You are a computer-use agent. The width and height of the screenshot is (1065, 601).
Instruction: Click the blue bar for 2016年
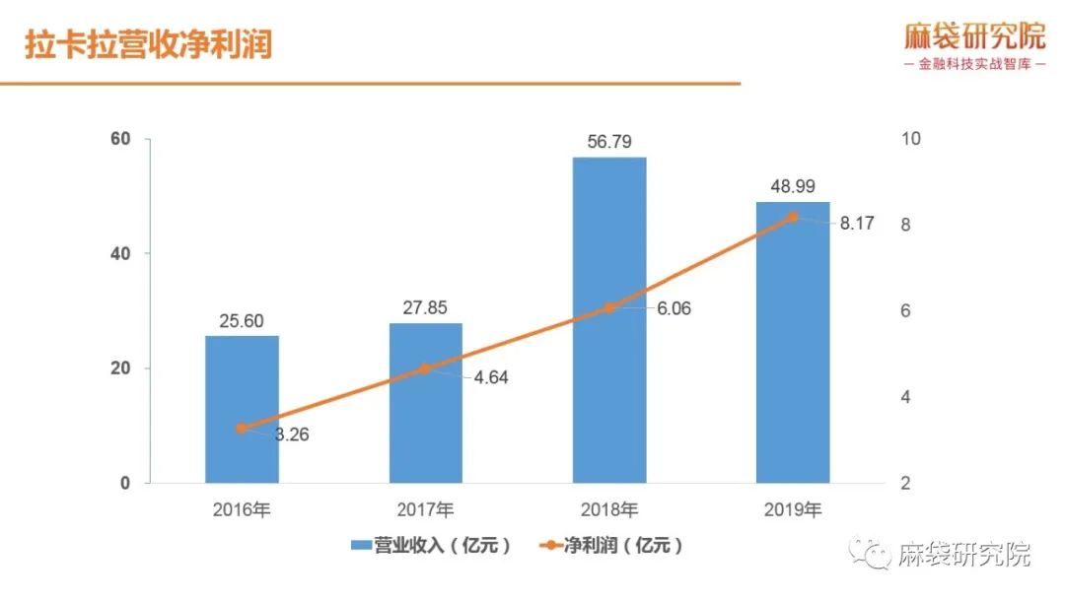[x=242, y=409]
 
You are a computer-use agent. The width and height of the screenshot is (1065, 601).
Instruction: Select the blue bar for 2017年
[x=425, y=403]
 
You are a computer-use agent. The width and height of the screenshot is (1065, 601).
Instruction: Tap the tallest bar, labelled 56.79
[x=609, y=320]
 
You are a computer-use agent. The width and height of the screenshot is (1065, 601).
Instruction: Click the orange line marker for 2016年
[x=242, y=429]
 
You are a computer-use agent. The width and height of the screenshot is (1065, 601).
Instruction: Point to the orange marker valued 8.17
[x=793, y=217]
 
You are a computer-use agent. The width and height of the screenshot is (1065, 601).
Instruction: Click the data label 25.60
[x=242, y=321]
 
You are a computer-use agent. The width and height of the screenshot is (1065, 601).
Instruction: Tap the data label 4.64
[x=489, y=377]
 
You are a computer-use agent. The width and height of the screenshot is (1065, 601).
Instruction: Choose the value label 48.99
[x=793, y=187]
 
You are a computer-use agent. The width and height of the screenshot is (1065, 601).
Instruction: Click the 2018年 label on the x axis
[x=609, y=510]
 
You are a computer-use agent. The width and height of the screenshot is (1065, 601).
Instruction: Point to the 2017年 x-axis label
[x=425, y=510]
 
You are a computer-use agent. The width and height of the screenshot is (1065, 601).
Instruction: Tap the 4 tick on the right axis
[x=906, y=398]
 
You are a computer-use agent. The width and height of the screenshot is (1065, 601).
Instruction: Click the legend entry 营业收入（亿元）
[x=430, y=545]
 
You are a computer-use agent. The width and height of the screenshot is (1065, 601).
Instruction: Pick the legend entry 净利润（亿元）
[x=610, y=545]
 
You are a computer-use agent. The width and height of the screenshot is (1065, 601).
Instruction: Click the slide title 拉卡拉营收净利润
[x=148, y=45]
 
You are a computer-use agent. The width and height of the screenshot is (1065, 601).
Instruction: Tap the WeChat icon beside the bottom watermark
[x=872, y=553]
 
